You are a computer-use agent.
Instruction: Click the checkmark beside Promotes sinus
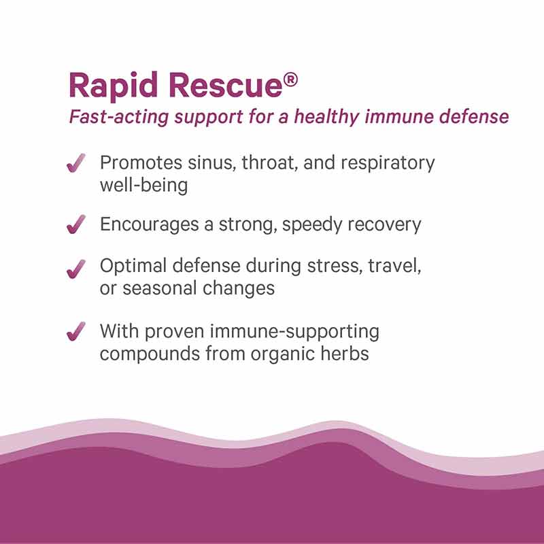(76, 163)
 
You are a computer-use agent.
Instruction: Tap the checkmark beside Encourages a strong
(76, 224)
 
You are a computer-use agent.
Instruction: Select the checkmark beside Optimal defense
(76, 267)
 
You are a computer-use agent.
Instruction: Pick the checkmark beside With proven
(76, 333)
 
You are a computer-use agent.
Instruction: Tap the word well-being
(143, 185)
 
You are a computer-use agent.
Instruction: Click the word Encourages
(148, 225)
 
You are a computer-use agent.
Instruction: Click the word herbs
(347, 353)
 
